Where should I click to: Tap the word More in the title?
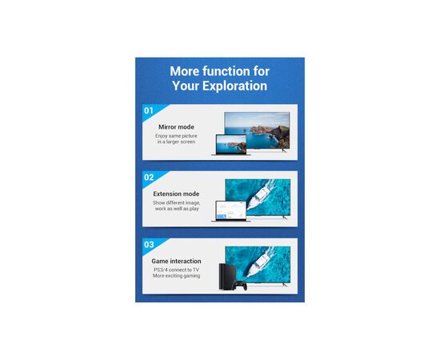coord(186,70)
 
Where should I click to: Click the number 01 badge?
coord(148,110)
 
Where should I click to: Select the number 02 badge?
coord(149,177)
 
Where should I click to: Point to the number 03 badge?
coord(149,244)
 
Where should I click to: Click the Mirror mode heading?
coord(176,126)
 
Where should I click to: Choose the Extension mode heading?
coord(176,194)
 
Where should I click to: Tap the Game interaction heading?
coord(176,261)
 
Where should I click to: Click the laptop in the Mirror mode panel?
coord(230,145)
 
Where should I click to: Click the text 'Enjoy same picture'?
coord(176,136)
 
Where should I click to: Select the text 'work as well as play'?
coord(176,210)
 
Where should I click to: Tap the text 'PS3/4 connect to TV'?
coord(176,270)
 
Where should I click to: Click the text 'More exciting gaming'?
coord(176,278)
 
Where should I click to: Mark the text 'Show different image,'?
coord(176,203)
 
